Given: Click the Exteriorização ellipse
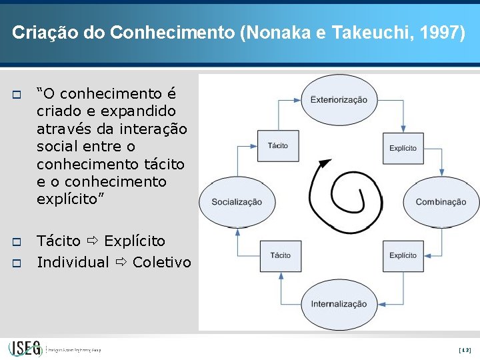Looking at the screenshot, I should pos(338,99).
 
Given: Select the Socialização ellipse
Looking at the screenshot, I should pos(237,201).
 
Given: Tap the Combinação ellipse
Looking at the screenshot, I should pos(441,201).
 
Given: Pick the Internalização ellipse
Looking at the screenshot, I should pos(338,304).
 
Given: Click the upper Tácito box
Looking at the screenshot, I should pos(278,146).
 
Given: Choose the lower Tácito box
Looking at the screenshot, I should pos(280,255).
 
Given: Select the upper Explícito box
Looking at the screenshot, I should pos(403,148).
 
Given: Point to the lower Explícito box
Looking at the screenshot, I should pos(403,255).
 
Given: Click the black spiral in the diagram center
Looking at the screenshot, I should pos(338,193).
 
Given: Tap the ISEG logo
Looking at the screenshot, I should pos(26,348).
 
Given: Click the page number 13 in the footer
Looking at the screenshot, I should pos(465,349).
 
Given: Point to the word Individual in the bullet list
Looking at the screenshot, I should pos(73,262).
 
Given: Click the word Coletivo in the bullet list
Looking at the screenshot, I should pos(162,262).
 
